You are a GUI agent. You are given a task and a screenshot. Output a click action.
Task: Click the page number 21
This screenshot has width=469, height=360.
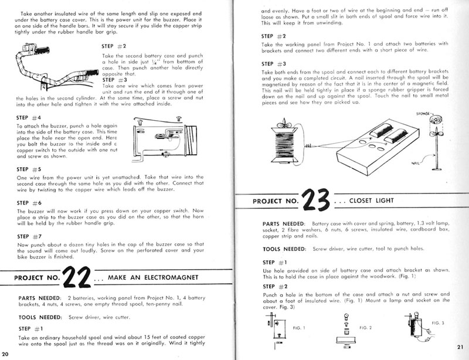pos(460,347)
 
